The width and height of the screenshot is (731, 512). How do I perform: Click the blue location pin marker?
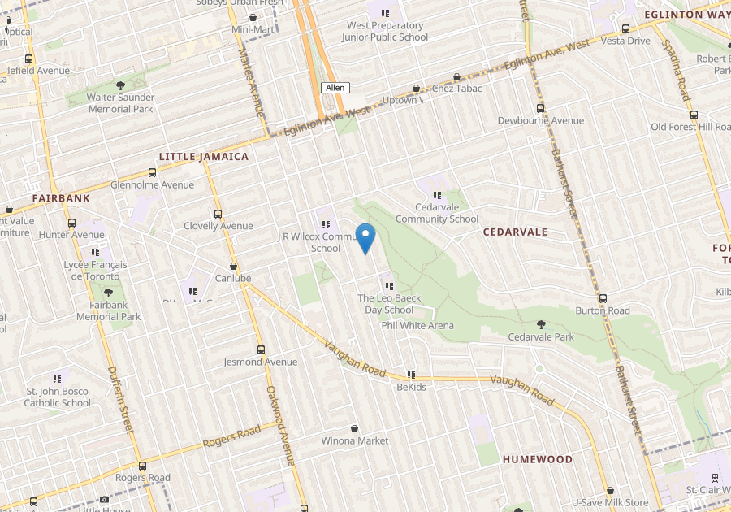pyautogui.click(x=365, y=237)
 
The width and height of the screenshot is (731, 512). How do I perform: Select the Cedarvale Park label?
pyautogui.click(x=541, y=337)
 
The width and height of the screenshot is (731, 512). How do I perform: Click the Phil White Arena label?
pyautogui.click(x=417, y=325)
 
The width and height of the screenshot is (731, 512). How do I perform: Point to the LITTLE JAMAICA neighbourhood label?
pyautogui.click(x=203, y=156)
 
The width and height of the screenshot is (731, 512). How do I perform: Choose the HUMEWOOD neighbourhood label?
pyautogui.click(x=537, y=459)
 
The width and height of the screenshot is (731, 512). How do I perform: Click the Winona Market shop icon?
pyautogui.click(x=355, y=428)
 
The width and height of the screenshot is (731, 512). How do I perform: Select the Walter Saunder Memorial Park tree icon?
pyautogui.click(x=120, y=85)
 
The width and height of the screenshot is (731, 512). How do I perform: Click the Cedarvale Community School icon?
pyautogui.click(x=438, y=195)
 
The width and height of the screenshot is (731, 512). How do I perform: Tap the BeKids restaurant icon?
pyautogui.click(x=411, y=375)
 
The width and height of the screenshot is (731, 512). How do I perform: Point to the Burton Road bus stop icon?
pyautogui.click(x=603, y=298)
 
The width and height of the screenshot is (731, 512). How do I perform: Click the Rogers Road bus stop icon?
pyautogui.click(x=143, y=466)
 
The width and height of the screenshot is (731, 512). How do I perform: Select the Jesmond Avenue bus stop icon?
pyautogui.click(x=261, y=349)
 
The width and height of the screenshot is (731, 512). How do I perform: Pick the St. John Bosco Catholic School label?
pyautogui.click(x=57, y=397)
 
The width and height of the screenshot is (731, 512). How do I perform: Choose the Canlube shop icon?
pyautogui.click(x=234, y=266)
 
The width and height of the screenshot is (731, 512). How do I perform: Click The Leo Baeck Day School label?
pyautogui.click(x=389, y=304)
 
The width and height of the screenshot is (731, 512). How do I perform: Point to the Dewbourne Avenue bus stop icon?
pyautogui.click(x=540, y=108)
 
